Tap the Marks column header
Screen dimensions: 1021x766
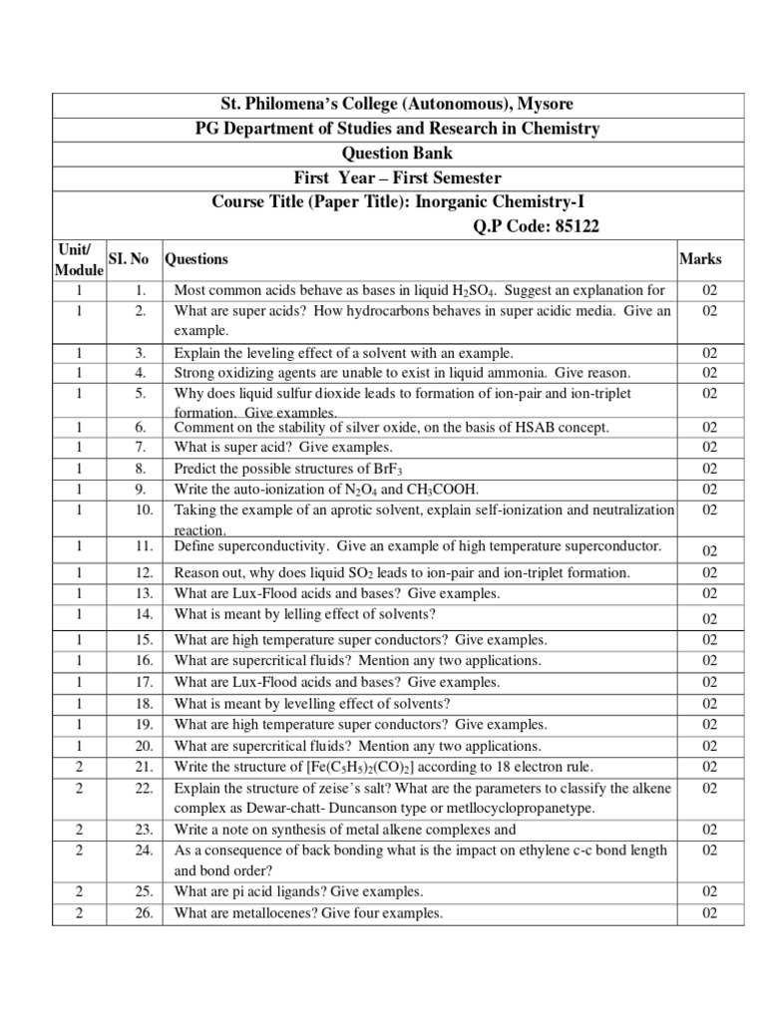click(700, 259)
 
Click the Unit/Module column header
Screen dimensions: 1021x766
click(77, 259)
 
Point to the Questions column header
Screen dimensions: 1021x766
click(196, 259)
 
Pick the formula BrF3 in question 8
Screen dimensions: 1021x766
click(385, 469)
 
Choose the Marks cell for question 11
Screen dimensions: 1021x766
click(709, 550)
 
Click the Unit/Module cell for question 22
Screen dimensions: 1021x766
click(77, 789)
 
